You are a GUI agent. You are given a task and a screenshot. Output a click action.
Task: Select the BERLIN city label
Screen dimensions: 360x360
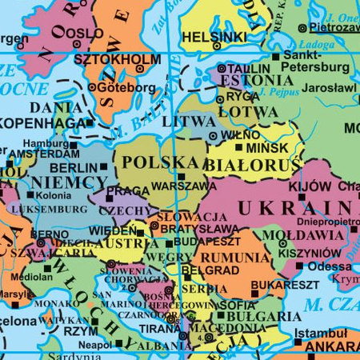point(73,168)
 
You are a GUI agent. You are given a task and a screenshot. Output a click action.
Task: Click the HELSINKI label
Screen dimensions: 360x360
point(214,38)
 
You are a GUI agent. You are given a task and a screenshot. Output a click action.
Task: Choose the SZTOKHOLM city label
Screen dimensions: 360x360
point(117,60)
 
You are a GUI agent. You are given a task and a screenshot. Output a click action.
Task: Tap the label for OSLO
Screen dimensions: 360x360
point(84,33)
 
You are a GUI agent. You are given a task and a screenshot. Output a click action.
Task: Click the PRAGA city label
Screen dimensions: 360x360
point(128,191)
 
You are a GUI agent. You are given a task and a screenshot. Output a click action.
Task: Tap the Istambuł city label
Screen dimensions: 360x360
point(321,333)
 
